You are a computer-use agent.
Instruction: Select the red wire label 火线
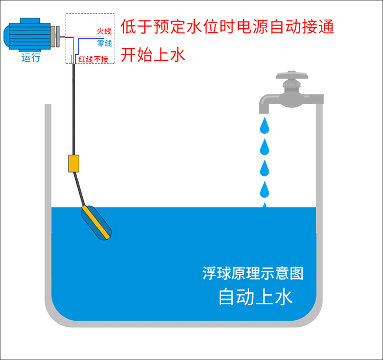click(x=104, y=32)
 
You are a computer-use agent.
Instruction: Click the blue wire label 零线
click(x=104, y=43)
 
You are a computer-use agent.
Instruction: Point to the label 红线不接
click(x=93, y=59)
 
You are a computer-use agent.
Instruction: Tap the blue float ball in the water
click(x=96, y=222)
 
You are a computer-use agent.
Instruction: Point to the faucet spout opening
click(x=265, y=109)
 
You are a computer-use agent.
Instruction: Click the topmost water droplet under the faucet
click(x=265, y=125)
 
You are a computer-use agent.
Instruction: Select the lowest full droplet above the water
click(x=265, y=190)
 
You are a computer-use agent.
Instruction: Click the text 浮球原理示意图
click(x=253, y=273)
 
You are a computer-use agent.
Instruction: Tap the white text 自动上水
click(x=255, y=296)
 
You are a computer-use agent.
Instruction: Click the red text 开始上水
click(x=153, y=55)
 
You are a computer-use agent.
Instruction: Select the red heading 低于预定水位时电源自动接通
click(x=227, y=27)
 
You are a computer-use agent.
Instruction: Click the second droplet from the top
click(x=265, y=147)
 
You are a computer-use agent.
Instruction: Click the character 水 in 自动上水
click(x=284, y=296)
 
